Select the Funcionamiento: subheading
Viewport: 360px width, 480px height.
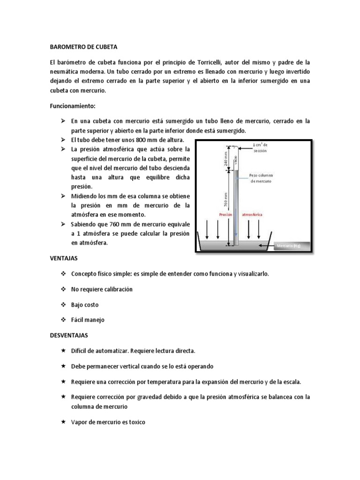click(x=73, y=106)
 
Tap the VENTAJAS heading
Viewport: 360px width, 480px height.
click(x=64, y=258)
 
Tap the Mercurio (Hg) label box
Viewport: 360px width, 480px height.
click(x=289, y=245)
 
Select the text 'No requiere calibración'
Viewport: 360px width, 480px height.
click(x=102, y=289)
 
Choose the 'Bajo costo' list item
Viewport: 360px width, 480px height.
click(x=85, y=305)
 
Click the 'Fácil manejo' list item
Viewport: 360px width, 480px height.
click(x=88, y=320)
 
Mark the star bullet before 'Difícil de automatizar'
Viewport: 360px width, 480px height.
click(x=63, y=351)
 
